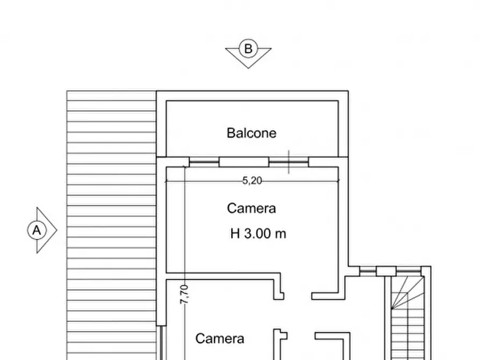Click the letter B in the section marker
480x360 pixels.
pos(248,49)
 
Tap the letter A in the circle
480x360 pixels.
pos(37,231)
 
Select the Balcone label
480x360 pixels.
pos(251,133)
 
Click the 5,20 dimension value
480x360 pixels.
pos(252,181)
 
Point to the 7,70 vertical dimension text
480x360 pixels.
pos(184,295)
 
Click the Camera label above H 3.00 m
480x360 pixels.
pos(251,208)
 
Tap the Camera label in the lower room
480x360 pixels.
pos(219,339)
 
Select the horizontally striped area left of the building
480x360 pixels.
pos(111,226)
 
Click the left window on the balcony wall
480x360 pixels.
pos(204,162)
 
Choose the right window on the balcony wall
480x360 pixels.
pos(289,162)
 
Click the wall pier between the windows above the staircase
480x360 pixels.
pos(385,271)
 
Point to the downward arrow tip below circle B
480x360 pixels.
pos(248,67)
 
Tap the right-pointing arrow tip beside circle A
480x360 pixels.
pos(56,231)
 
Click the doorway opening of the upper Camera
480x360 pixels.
pos(298,295)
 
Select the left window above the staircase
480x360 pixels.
pos(368,271)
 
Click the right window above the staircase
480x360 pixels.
pos(407,271)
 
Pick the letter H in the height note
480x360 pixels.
pos(235,234)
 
